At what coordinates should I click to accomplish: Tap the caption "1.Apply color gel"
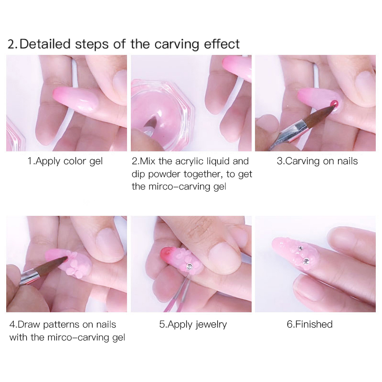click(x=65, y=161)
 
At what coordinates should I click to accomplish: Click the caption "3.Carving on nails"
click(x=317, y=161)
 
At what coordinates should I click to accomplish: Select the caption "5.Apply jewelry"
click(x=193, y=325)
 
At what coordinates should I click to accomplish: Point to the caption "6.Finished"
click(x=309, y=324)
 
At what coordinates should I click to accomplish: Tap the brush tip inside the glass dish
click(x=151, y=121)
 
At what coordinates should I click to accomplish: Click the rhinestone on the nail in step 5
click(x=189, y=266)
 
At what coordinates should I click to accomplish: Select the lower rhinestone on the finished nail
click(x=306, y=261)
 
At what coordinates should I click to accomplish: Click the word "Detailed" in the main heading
click(x=45, y=44)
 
